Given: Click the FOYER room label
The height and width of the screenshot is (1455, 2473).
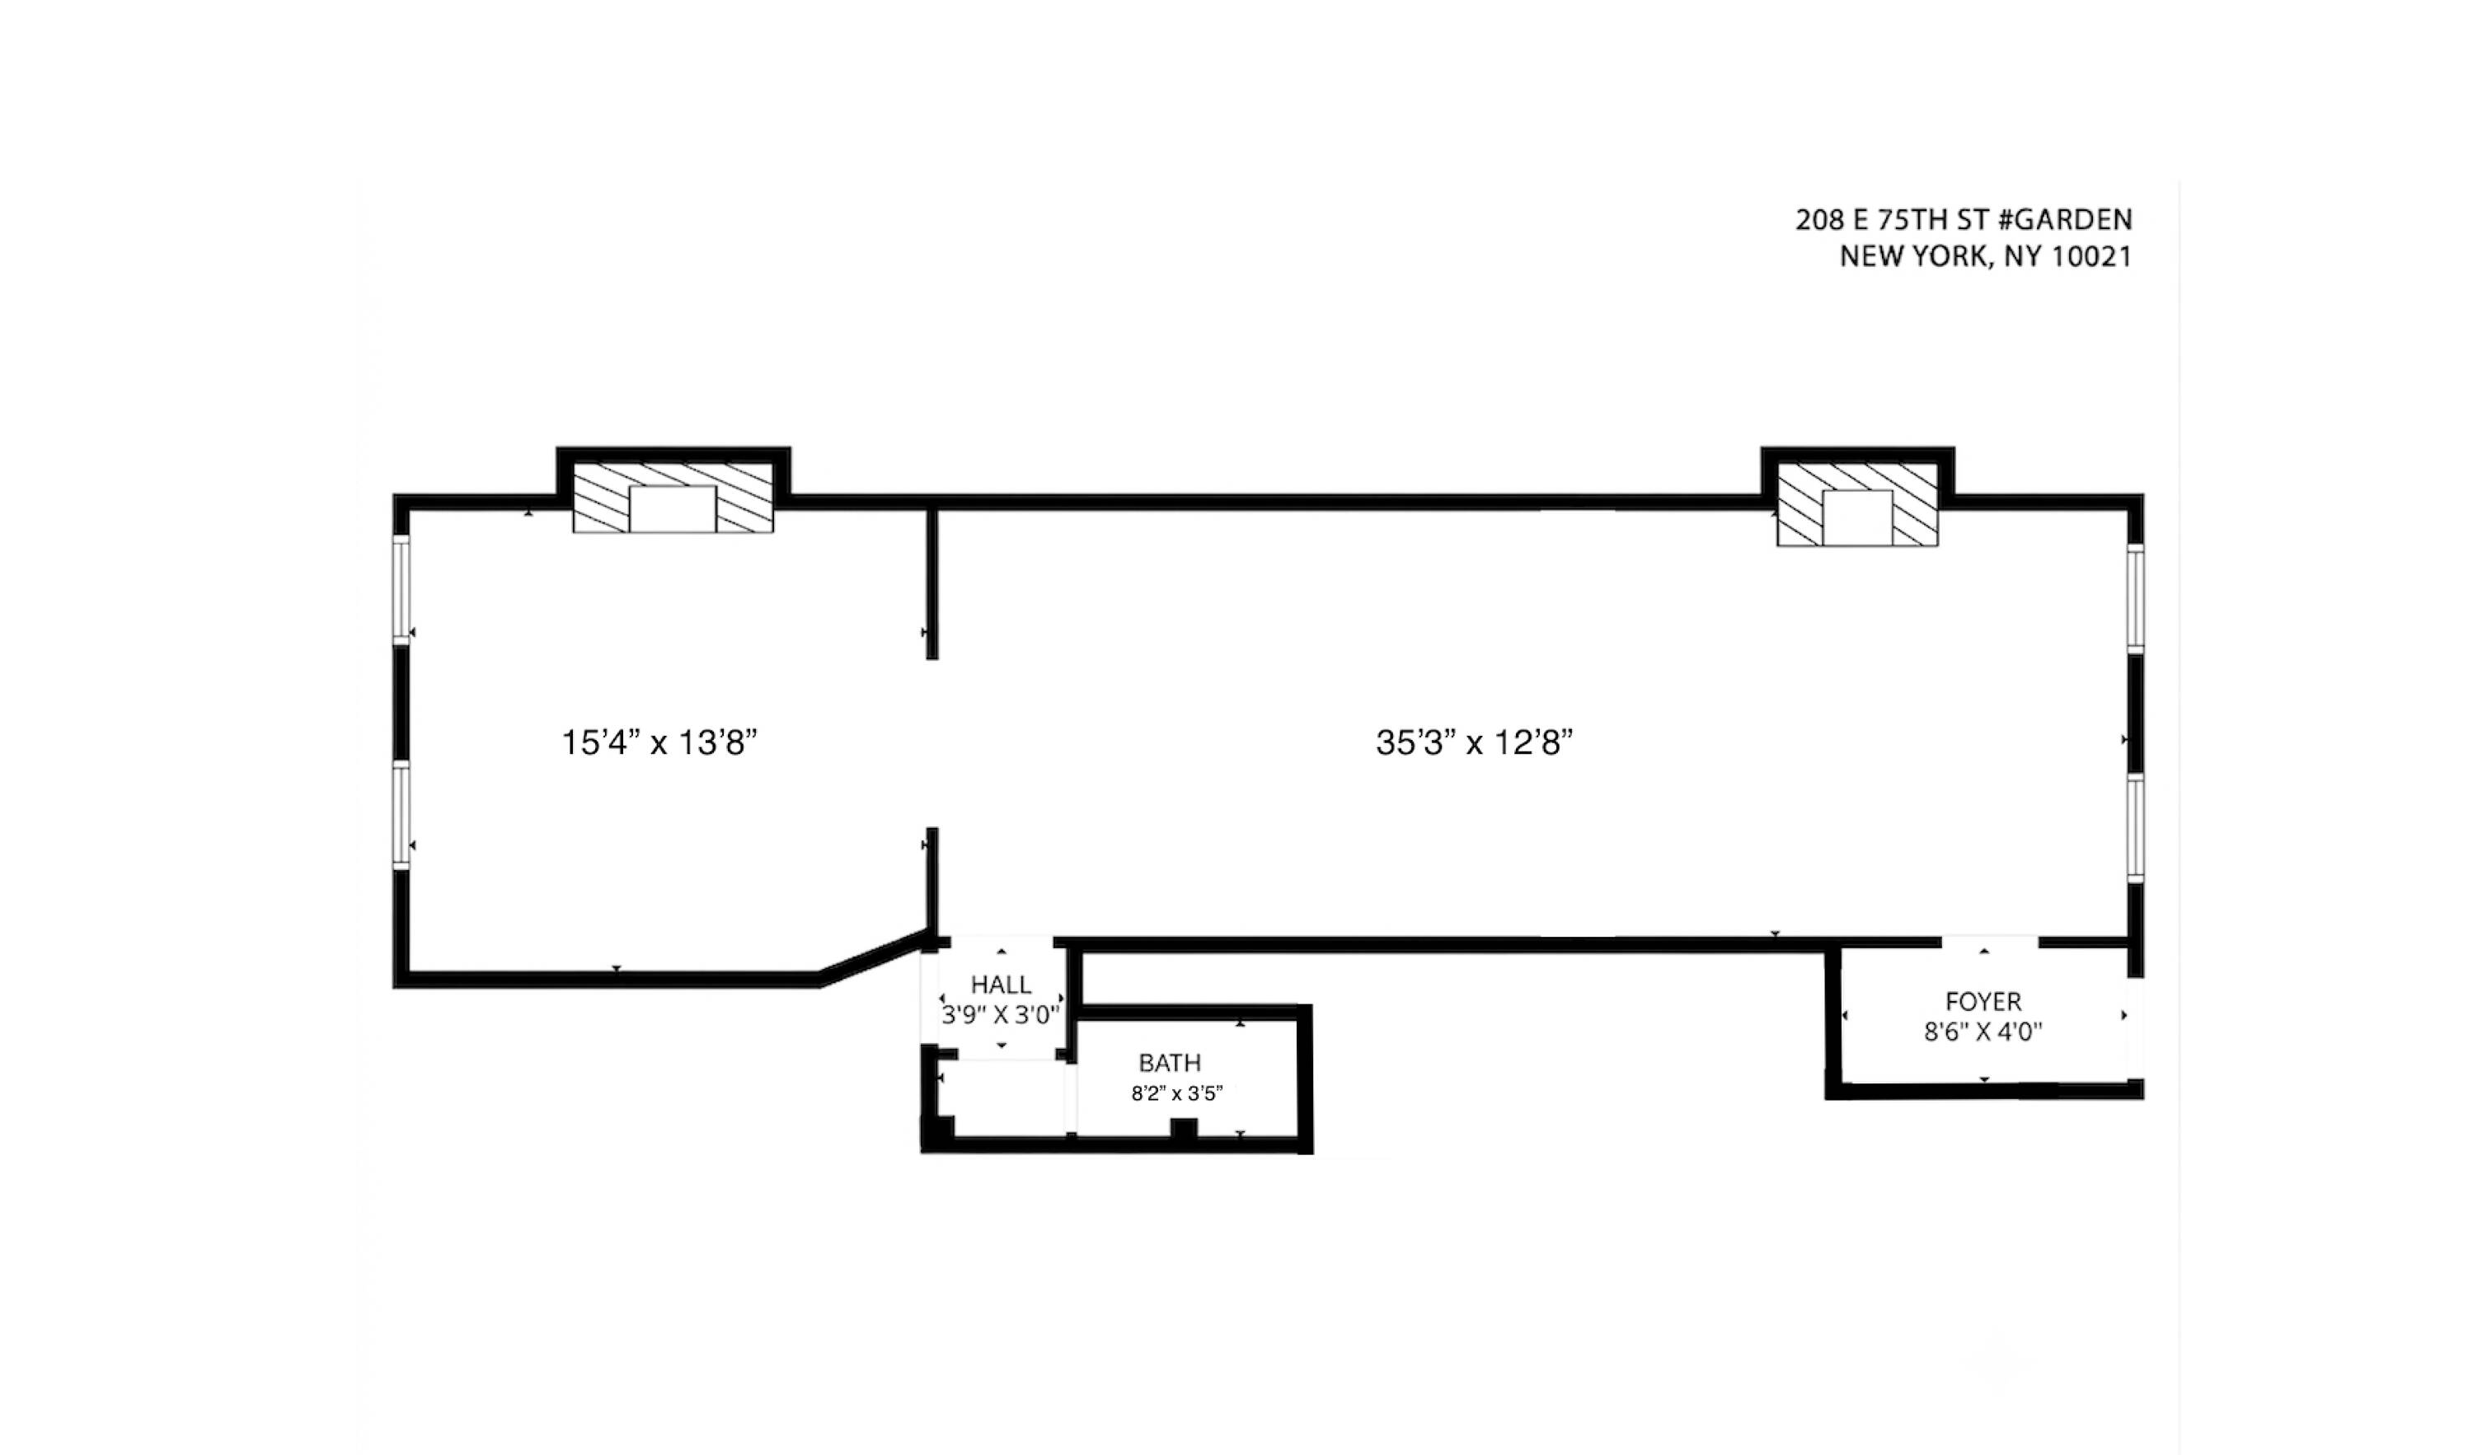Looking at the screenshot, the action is [1983, 1002].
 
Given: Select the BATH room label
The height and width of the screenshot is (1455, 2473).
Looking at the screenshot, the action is [1170, 1063].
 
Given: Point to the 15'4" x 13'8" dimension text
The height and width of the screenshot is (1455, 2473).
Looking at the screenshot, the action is [659, 742].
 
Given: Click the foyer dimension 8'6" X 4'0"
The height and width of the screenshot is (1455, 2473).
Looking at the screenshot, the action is [1983, 1032].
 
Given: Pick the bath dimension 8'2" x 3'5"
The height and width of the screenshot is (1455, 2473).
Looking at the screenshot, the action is [1176, 1094].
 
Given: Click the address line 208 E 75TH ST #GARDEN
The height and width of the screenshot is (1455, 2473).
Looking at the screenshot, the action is [1964, 220].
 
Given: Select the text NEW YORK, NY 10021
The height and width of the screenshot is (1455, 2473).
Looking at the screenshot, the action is [1985, 257].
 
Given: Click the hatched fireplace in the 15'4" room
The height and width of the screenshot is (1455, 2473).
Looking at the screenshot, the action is [673, 498].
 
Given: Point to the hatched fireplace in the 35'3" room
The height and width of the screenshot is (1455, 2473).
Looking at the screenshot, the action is [1858, 504].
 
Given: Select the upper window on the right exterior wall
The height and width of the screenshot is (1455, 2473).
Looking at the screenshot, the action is [2135, 598].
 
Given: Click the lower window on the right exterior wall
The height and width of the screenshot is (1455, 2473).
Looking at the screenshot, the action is [2135, 827].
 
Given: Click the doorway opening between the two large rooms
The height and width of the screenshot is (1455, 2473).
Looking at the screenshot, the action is [932, 744].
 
